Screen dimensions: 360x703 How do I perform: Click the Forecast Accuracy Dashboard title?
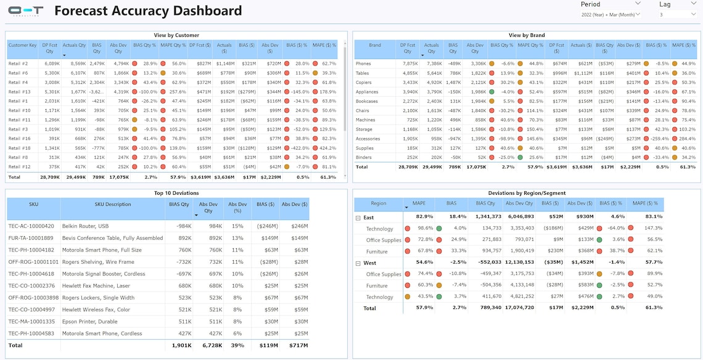pyautogui.click(x=148, y=11)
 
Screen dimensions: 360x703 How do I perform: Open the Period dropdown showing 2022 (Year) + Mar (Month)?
pyautogui.click(x=610, y=14)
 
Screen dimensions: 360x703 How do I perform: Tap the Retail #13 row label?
pyautogui.click(x=19, y=91)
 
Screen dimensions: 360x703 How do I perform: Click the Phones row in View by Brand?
pyautogui.click(x=363, y=63)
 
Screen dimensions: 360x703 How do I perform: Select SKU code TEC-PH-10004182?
pyautogui.click(x=31, y=250)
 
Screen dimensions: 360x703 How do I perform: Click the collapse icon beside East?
pyautogui.click(x=358, y=218)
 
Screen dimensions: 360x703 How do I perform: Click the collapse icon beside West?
pyautogui.click(x=358, y=263)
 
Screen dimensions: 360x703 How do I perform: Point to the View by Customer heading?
pyautogui.click(x=176, y=35)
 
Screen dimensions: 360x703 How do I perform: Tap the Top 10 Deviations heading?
pyautogui.click(x=176, y=193)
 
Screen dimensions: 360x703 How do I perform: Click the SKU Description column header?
pyautogui.click(x=112, y=204)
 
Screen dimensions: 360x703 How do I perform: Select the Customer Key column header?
pyautogui.click(x=22, y=45)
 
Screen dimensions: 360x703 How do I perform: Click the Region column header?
pyautogui.click(x=379, y=203)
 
